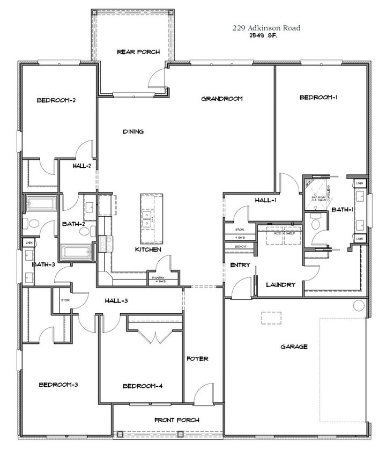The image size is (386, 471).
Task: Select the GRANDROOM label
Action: point(222,99)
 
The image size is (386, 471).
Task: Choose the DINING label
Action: point(133,131)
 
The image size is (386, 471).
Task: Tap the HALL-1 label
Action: point(265,200)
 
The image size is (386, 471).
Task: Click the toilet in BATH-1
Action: point(315,224)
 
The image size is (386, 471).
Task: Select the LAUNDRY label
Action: point(280,285)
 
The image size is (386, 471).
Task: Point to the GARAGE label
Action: point(294,347)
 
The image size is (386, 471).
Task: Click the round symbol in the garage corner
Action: point(358,306)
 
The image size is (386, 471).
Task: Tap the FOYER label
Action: point(197,358)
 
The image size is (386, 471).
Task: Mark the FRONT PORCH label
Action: point(177,420)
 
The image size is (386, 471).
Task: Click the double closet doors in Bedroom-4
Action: point(154,338)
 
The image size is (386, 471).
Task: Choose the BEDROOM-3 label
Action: point(58,385)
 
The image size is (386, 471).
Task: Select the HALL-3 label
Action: point(116,300)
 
